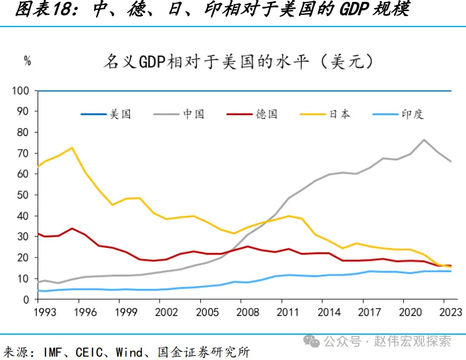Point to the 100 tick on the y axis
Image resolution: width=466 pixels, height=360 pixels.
[x=20, y=91]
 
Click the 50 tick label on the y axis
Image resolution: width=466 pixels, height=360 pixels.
[x=23, y=195]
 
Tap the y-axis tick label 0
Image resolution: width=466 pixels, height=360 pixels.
[x=26, y=300]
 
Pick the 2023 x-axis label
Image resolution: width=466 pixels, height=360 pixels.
[x=450, y=313]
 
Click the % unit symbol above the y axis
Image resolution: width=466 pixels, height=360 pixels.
[x=27, y=60]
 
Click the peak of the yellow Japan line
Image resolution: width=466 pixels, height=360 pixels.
[x=72, y=148]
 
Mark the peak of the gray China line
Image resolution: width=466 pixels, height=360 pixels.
[x=424, y=140]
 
